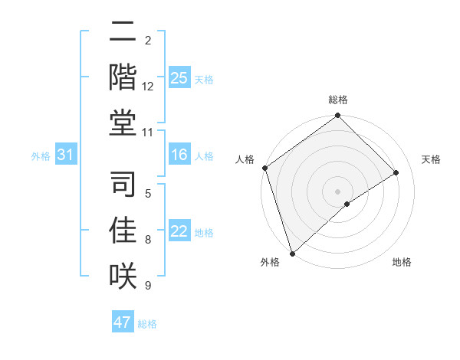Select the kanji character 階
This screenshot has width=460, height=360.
[123, 76]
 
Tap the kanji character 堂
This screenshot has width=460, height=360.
[123, 122]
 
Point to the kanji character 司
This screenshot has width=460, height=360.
[123, 185]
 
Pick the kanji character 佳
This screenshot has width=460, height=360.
[123, 230]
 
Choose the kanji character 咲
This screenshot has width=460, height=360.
[123, 275]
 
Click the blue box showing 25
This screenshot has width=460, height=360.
[179, 77]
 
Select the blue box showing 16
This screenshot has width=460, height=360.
[179, 155]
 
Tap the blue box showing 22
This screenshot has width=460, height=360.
[179, 232]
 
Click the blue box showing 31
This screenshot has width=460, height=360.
[66, 155]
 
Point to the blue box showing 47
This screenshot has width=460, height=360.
[123, 322]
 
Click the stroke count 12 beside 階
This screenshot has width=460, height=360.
[148, 87]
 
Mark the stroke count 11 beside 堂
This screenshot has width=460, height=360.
[148, 133]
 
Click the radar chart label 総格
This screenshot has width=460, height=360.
[338, 100]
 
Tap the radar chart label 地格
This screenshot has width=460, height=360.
[402, 263]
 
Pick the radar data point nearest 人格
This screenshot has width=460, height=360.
[264, 168]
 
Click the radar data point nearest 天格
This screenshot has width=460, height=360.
[396, 172]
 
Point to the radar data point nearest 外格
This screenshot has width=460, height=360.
[292, 253]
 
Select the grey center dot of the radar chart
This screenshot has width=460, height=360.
[337, 191]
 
